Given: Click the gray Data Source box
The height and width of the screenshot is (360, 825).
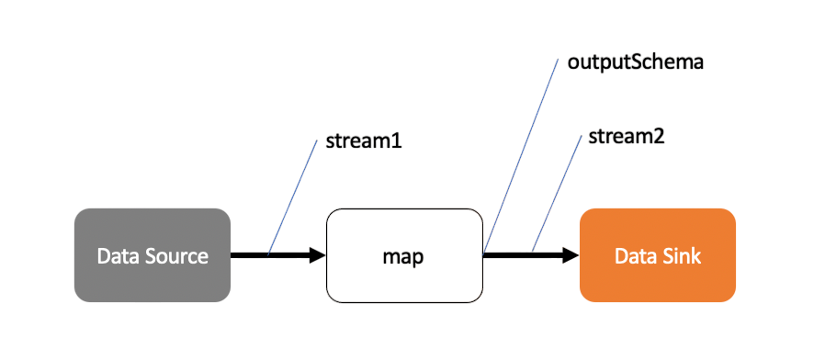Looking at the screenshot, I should (x=152, y=255).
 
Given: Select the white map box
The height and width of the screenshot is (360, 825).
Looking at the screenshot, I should (x=403, y=255).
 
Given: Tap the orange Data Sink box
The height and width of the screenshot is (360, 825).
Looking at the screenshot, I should (x=657, y=255).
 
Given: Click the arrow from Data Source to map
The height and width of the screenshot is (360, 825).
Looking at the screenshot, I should (x=276, y=255).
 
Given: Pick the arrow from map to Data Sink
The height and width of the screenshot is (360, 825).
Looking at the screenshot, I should (x=528, y=255).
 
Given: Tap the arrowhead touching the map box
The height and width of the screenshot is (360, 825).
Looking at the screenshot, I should (x=318, y=255).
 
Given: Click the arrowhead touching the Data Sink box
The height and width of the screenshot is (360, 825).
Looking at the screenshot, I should (x=571, y=255).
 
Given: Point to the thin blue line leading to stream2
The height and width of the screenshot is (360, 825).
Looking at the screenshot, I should (x=557, y=193).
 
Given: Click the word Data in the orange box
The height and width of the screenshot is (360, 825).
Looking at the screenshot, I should (x=635, y=255).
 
